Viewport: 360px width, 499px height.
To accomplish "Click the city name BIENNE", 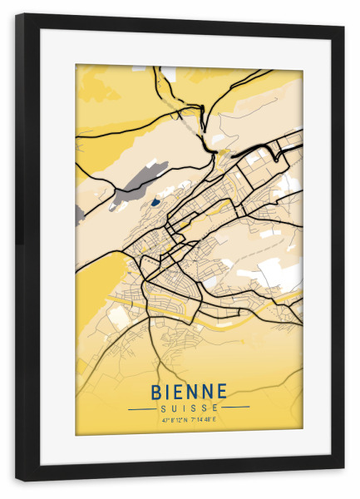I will point(189,391).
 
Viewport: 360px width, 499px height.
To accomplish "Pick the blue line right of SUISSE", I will point(236,408).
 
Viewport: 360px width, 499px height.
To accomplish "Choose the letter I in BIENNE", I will point(169,391).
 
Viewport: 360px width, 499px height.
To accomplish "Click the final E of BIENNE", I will point(222,391).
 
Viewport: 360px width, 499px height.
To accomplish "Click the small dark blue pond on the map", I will point(155,201).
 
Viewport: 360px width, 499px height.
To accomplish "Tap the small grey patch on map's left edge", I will point(79,215).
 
